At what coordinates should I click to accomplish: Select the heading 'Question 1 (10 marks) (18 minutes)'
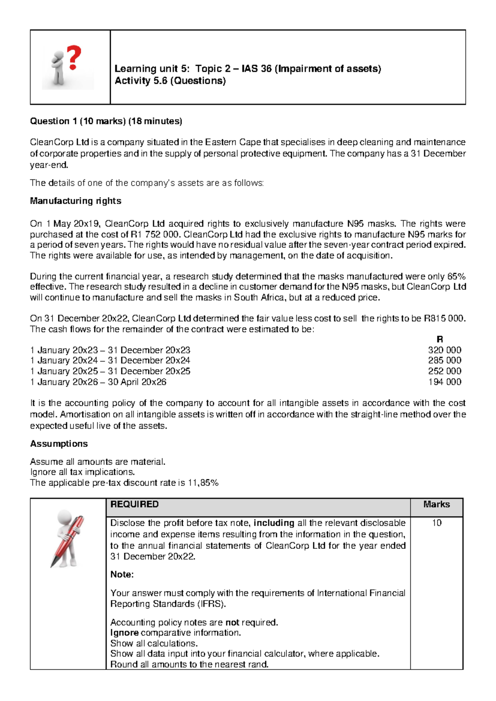(106, 121)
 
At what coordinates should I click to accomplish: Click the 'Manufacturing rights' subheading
(76, 201)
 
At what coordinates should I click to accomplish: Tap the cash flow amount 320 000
(444, 350)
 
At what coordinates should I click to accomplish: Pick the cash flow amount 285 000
(444, 360)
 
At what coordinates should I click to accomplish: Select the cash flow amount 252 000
(444, 371)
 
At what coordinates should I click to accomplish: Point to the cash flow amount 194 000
(444, 382)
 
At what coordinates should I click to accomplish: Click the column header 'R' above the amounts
(439, 339)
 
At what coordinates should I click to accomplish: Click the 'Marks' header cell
(436, 504)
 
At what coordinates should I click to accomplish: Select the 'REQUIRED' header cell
(134, 504)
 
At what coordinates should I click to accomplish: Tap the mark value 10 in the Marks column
(436, 523)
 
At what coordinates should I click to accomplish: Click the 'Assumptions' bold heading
(59, 444)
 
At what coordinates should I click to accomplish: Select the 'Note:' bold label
(122, 575)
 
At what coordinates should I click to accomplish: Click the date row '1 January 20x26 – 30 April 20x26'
(98, 382)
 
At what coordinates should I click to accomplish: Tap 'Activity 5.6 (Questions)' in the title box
(170, 81)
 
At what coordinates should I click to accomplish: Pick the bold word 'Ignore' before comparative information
(124, 633)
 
